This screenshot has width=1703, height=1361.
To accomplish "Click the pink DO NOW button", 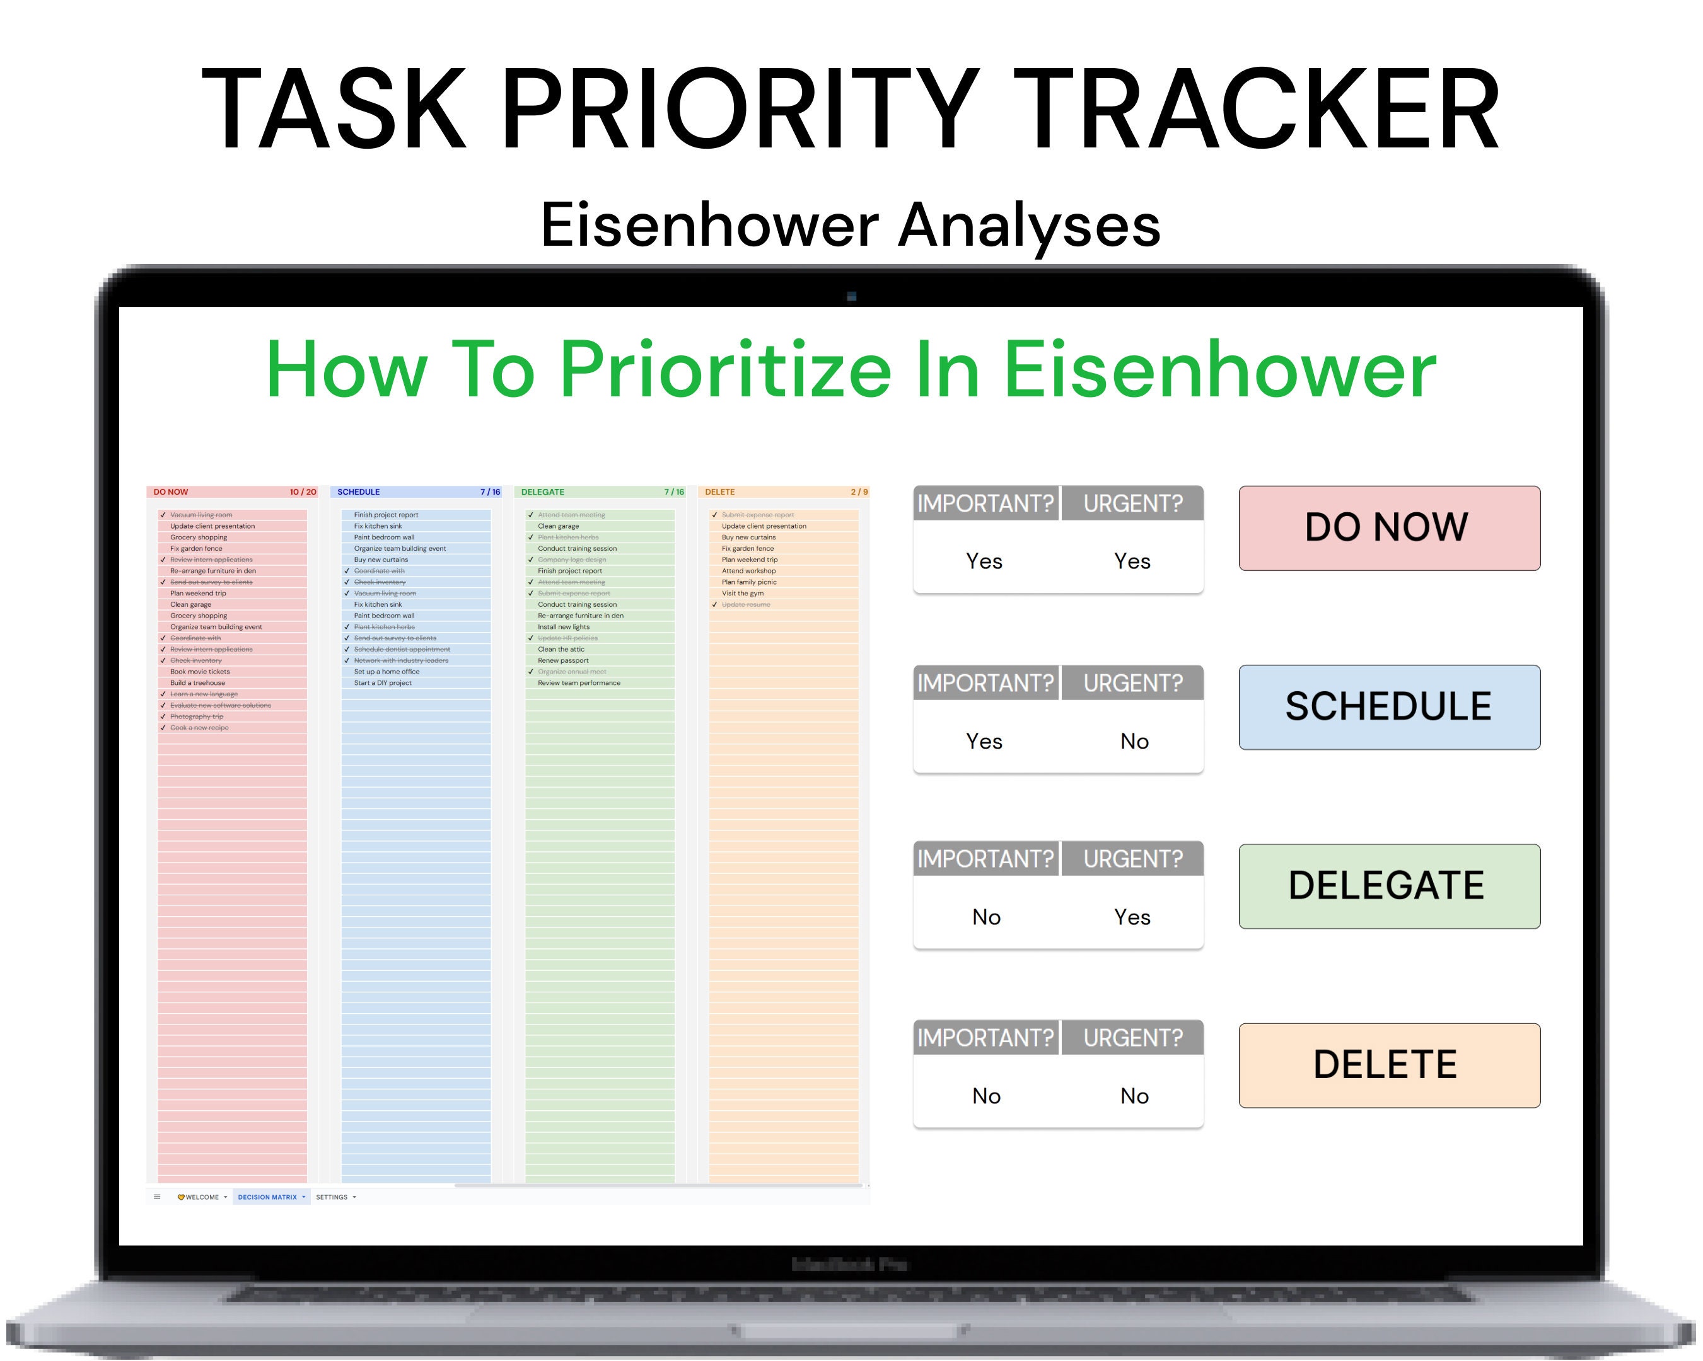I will coord(1388,528).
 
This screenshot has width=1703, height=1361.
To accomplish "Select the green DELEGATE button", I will coord(1388,886).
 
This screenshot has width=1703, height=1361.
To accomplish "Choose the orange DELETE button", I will coord(1388,1065).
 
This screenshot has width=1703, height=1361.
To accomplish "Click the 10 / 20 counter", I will coord(303,492).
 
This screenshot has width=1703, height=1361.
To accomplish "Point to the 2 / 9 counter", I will coord(859,492).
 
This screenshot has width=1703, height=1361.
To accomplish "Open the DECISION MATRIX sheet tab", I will coord(268,1197).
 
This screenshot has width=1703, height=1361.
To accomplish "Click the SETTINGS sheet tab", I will coord(332,1197).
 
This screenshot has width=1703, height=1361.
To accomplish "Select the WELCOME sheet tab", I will coord(201,1197).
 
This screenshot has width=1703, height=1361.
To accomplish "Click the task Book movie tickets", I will coord(200,672).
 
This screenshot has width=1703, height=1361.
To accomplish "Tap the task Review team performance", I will coord(579,683).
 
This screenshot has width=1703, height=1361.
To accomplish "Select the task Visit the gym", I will coord(743,593).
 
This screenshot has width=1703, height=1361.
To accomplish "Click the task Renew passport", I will coord(563,661).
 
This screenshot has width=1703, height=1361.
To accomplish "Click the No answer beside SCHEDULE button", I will coord(1134,741).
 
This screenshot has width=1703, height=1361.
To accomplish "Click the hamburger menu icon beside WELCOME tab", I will coord(157,1197).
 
